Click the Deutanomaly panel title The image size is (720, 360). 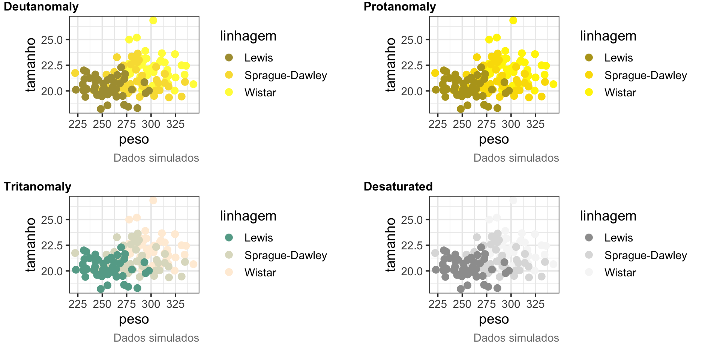click(41, 7)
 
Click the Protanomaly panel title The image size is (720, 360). click(400, 7)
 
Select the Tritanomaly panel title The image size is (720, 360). click(37, 187)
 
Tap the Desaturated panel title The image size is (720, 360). click(398, 187)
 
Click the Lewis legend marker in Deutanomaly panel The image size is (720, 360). click(229, 57)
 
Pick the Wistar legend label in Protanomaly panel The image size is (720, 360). click(620, 93)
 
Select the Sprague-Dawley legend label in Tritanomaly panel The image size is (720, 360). click(286, 255)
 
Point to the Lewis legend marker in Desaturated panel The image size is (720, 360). click(589, 237)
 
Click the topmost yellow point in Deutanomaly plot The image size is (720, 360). click(153, 20)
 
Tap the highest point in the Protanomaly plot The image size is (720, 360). click(513, 20)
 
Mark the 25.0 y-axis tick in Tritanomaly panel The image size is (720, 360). click(52, 220)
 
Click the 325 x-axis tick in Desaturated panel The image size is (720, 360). click(535, 304)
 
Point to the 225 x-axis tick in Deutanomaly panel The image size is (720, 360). click(78, 124)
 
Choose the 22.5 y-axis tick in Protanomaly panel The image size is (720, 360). click(412, 66)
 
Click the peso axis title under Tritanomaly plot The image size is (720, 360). click(134, 319)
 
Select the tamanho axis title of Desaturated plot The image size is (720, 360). click(391, 244)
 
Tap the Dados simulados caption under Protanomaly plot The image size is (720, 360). click(516, 158)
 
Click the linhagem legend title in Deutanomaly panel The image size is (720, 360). click(248, 36)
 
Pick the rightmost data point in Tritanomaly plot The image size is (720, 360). click(193, 264)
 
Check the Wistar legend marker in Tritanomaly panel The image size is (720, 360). click(229, 272)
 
